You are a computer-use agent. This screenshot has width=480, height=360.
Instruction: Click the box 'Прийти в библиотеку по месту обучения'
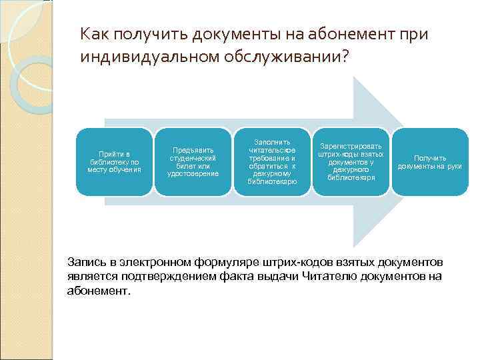coord(114,162)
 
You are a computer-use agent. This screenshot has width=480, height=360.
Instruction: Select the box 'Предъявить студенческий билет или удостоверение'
coord(193,162)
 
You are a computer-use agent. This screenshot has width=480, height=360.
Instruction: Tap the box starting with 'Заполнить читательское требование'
coord(272,162)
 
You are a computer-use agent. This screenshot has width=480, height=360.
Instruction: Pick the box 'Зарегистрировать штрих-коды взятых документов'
coord(351,162)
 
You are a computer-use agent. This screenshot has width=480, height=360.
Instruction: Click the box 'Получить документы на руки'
coord(429,162)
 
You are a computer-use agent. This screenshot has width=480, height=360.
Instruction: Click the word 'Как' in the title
coord(93,33)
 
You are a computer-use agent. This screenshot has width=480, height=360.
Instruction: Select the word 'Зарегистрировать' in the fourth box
coord(351,146)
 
